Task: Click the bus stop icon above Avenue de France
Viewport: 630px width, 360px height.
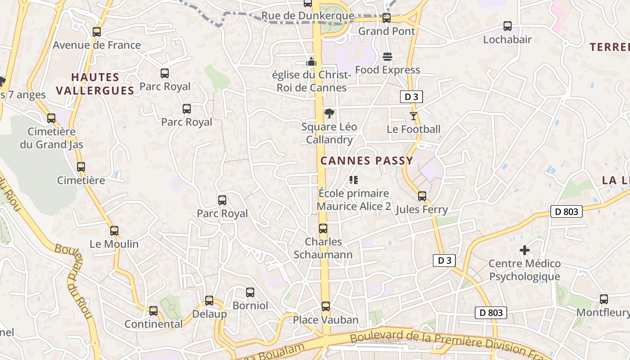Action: coord(97,32)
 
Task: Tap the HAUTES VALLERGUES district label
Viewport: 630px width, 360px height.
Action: coord(95,84)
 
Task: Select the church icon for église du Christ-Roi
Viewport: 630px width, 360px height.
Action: coord(311,62)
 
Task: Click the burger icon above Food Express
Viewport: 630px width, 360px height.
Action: coord(387,57)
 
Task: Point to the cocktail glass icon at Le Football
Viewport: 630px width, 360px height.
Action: coord(414,116)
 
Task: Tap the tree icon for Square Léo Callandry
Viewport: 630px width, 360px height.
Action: coord(329,113)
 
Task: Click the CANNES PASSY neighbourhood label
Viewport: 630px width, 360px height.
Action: coord(366,161)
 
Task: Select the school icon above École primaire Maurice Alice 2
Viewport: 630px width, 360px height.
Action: coord(354,180)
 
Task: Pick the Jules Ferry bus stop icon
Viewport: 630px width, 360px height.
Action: coord(422,196)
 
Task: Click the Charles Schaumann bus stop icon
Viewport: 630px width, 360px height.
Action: coord(323,229)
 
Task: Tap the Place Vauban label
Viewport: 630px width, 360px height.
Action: coord(326,320)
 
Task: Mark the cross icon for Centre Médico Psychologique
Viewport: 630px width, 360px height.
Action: coord(525,250)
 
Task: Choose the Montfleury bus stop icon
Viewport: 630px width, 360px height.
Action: coord(604,299)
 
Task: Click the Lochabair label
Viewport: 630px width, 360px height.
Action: coord(507,40)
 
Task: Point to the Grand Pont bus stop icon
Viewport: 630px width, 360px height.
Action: coord(387,18)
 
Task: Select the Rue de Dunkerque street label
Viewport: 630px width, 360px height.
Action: coord(308,16)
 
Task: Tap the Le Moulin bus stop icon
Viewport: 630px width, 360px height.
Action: coord(114,231)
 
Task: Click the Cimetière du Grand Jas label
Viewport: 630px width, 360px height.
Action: coord(51,138)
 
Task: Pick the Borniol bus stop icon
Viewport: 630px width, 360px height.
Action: coord(250,292)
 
